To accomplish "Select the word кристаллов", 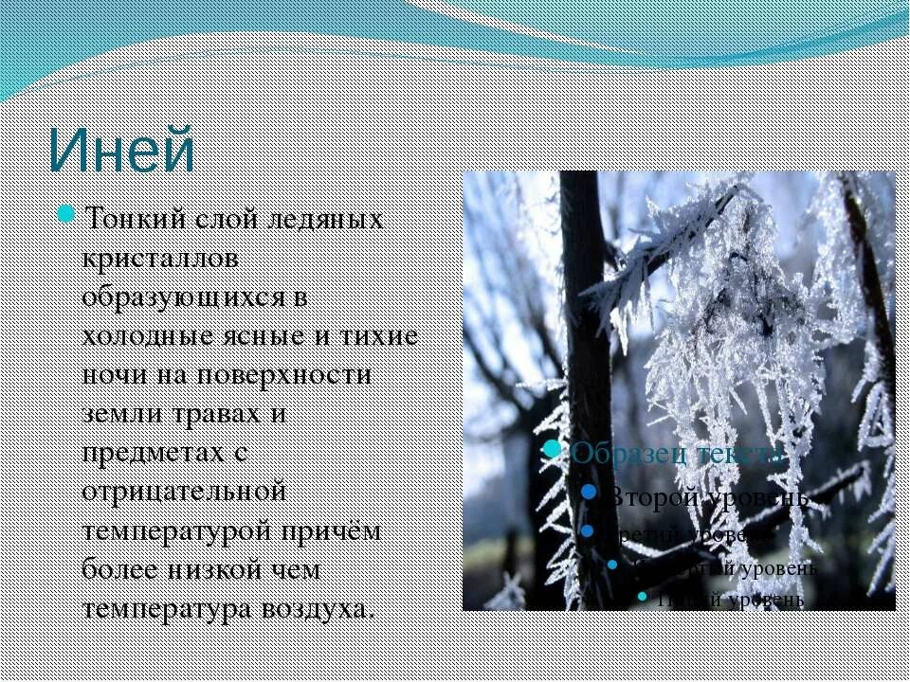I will [x=159, y=259].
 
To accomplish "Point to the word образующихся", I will [x=181, y=297].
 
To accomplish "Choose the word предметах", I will [x=153, y=454].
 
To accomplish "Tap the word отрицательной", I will [x=184, y=493].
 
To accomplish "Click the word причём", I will [x=332, y=531].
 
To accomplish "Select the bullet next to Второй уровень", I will [x=589, y=493].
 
